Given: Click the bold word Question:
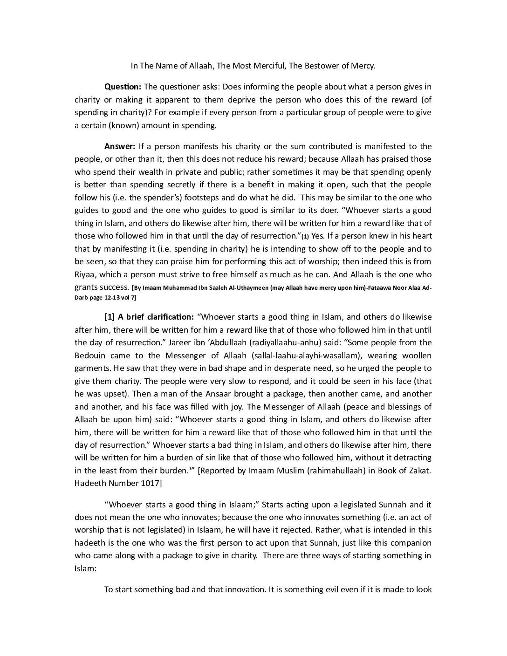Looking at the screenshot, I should (x=123, y=87).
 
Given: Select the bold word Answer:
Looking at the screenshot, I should (x=120, y=146).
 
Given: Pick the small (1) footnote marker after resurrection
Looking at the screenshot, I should (x=305, y=236).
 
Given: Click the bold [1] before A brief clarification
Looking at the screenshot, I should (x=110, y=317).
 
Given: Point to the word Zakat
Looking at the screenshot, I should (x=418, y=471).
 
